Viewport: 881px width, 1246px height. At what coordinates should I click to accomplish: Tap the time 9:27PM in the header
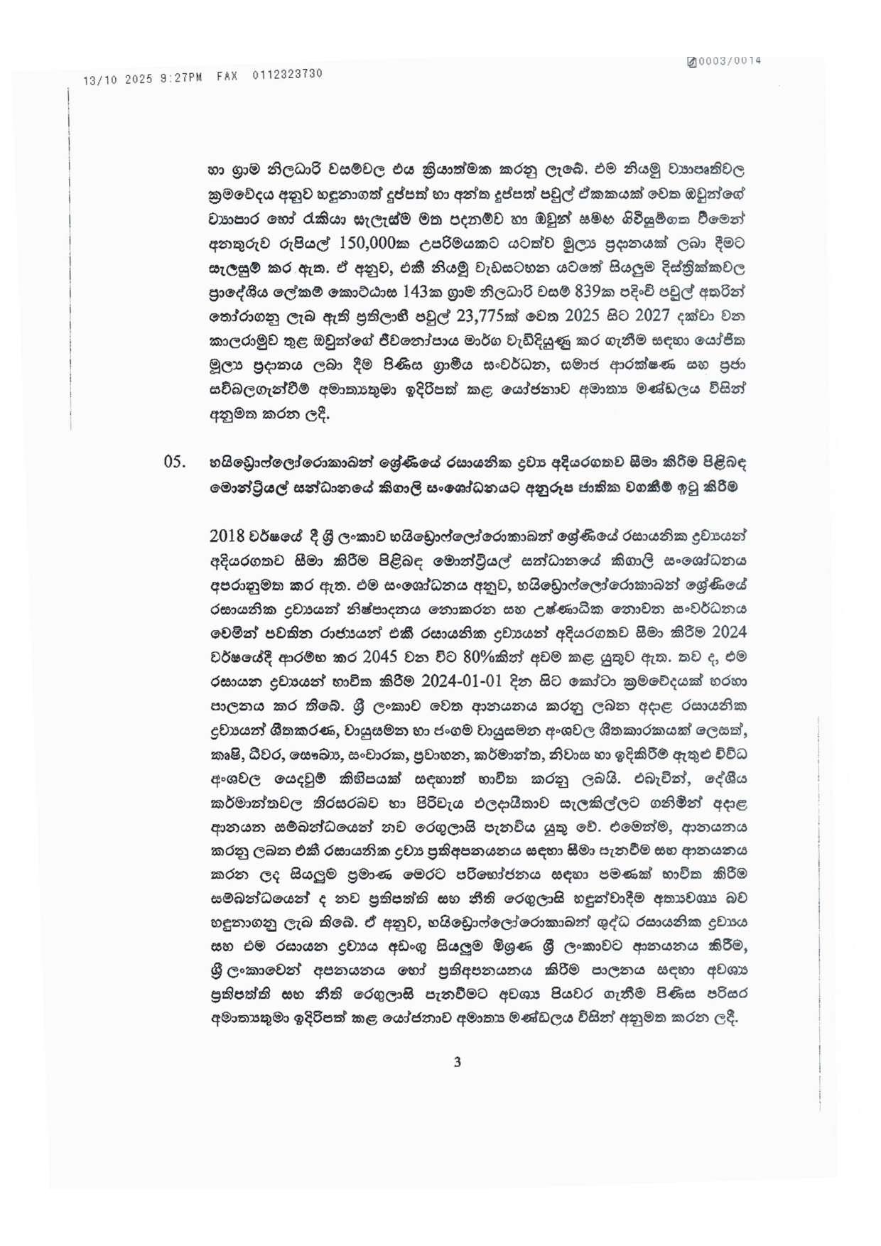tap(181, 77)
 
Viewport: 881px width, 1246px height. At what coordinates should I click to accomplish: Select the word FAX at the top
tap(227, 76)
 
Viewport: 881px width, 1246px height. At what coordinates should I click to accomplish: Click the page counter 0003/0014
tap(730, 61)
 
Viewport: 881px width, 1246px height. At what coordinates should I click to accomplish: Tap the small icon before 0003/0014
tap(691, 62)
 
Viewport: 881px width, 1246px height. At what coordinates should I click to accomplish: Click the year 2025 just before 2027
tap(582, 316)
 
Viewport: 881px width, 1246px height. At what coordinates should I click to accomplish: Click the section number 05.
tap(174, 462)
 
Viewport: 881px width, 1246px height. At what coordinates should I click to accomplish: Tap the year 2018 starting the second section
tap(227, 536)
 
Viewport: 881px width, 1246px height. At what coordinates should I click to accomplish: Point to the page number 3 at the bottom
tap(457, 1062)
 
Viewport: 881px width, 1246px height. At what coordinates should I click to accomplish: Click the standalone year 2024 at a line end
tap(728, 632)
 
